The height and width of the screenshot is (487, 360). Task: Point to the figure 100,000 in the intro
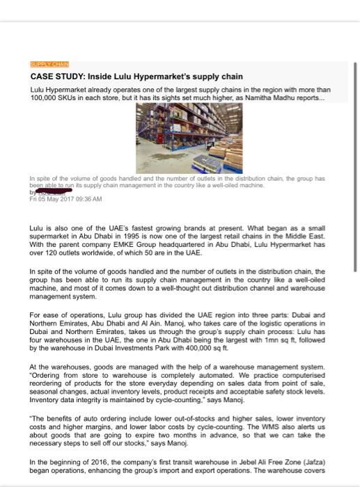46,98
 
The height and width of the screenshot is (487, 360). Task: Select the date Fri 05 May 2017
54,198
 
